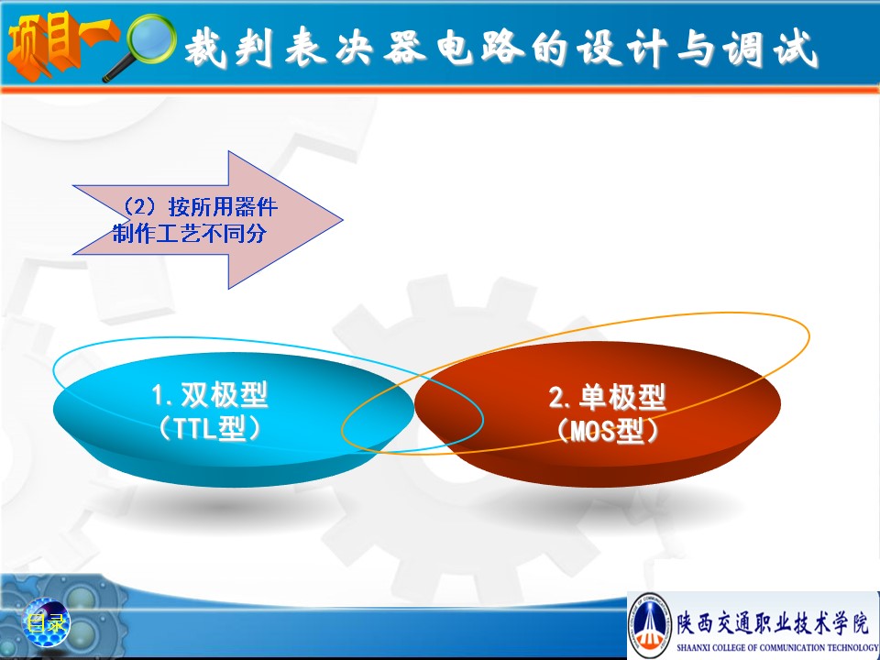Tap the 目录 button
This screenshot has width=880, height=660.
[x=47, y=623]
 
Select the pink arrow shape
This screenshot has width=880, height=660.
[x=208, y=220]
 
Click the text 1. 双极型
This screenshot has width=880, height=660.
[x=210, y=395]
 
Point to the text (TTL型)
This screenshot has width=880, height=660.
[x=210, y=429]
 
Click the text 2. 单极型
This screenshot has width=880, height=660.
[x=607, y=397]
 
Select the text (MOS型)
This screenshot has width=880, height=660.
[x=607, y=431]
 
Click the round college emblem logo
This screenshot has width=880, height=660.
[x=650, y=624]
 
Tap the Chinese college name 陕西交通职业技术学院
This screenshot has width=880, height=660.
[x=773, y=622]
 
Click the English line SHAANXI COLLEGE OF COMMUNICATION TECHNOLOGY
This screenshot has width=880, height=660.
[x=778, y=647]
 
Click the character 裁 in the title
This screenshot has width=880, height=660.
[x=206, y=47]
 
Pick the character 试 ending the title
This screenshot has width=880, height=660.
[x=796, y=49]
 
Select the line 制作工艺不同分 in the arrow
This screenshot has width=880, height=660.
[x=189, y=233]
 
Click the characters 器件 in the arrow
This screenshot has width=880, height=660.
[x=256, y=206]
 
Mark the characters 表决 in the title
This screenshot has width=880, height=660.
[x=330, y=47]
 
